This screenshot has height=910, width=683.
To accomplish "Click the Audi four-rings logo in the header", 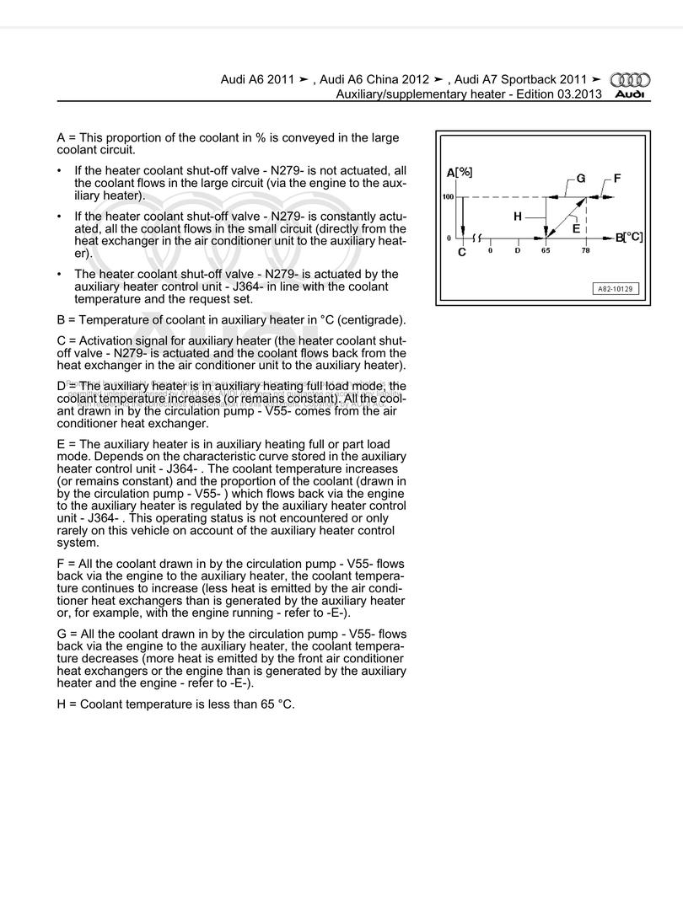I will pyautogui.click(x=631, y=80).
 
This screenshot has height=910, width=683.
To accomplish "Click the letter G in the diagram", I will pyautogui.click(x=581, y=179).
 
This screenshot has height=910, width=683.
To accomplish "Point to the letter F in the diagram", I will pyautogui.click(x=617, y=179).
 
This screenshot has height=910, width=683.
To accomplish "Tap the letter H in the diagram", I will pyautogui.click(x=518, y=217).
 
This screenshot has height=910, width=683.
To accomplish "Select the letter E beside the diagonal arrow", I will pyautogui.click(x=576, y=228).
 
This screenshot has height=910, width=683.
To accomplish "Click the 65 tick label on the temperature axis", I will pyautogui.click(x=546, y=251).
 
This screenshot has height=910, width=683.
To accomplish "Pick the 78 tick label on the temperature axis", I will pyautogui.click(x=586, y=251).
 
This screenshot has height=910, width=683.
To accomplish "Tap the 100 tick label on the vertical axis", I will pyautogui.click(x=448, y=197).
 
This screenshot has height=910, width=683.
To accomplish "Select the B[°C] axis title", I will pyautogui.click(x=629, y=238).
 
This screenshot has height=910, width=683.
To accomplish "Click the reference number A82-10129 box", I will pyautogui.click(x=615, y=289).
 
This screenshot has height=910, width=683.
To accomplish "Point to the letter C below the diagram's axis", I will pyautogui.click(x=462, y=252).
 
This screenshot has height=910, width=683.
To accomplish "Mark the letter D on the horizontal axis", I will pyautogui.click(x=518, y=251).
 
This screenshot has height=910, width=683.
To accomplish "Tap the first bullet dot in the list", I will pyautogui.click(x=59, y=171).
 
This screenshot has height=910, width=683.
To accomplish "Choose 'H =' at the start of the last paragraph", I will pyautogui.click(x=67, y=704).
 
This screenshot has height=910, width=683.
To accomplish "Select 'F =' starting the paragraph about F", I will pyautogui.click(x=66, y=563).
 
